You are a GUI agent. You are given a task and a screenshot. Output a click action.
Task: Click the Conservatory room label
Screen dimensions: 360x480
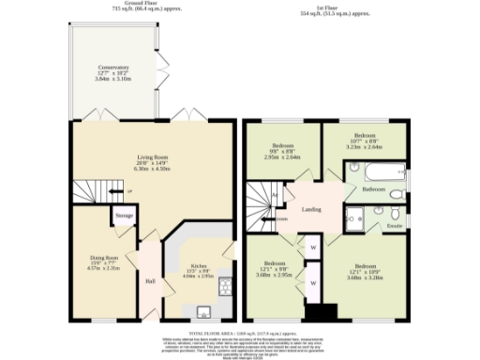pyautogui.click(x=115, y=68)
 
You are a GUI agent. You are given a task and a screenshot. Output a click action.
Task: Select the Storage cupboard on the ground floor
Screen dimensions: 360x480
pyautogui.click(x=124, y=216)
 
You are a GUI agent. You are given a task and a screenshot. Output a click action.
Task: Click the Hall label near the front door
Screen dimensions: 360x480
pyautogui.click(x=150, y=280)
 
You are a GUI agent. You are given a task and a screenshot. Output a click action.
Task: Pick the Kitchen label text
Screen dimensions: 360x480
pyautogui.click(x=197, y=267)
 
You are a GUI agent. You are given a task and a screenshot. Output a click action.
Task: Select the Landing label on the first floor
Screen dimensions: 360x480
pyautogui.click(x=312, y=209)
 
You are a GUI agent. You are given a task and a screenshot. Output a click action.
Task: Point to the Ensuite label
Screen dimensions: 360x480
pyautogui.click(x=395, y=226)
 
